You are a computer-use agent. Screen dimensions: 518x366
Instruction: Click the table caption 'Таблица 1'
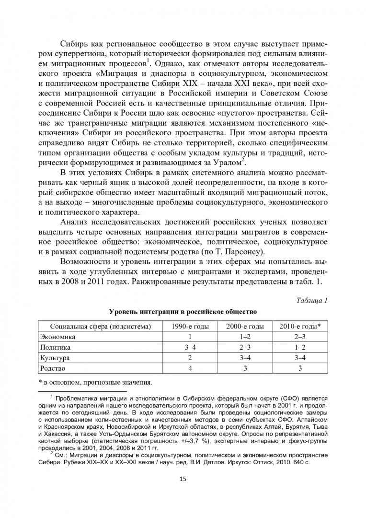[x=312, y=301]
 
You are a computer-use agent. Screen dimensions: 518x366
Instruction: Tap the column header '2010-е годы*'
[x=300, y=326]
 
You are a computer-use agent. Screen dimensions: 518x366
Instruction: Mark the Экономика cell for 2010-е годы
[x=300, y=337]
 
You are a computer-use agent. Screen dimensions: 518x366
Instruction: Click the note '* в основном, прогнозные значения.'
[x=94, y=383]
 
